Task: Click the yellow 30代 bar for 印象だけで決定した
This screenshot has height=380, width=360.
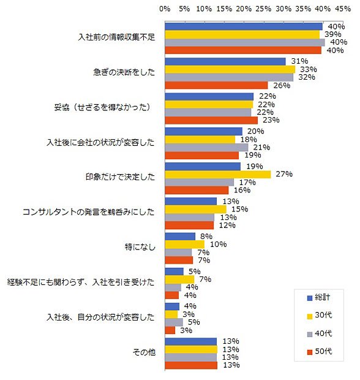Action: point(218,175)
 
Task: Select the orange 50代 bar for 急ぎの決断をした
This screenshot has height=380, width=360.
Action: point(217,85)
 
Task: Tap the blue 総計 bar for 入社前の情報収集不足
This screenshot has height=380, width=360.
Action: point(244,26)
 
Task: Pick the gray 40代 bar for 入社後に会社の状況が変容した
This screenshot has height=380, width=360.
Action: point(206,147)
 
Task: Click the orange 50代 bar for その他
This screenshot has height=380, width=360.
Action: point(191,365)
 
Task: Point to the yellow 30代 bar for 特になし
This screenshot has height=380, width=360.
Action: point(185,245)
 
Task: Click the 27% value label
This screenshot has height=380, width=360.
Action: point(284,174)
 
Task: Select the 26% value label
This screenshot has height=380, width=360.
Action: point(282,86)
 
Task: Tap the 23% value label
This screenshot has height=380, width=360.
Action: point(271,120)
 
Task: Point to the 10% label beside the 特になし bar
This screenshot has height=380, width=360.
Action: point(219,245)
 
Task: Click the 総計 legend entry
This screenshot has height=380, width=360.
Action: point(318,297)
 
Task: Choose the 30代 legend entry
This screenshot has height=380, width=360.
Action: point(320,315)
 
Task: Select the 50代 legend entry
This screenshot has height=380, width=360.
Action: point(320,351)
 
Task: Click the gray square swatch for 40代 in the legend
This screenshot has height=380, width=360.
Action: point(310,334)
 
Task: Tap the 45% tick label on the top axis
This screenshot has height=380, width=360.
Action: point(343,9)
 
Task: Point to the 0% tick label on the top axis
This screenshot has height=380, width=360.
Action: point(165,9)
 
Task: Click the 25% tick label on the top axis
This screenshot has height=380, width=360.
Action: point(263,9)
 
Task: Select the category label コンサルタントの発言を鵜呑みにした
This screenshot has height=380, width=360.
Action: point(88,212)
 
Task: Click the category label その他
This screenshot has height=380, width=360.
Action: point(144,352)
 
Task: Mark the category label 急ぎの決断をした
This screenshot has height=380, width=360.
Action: point(124,72)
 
